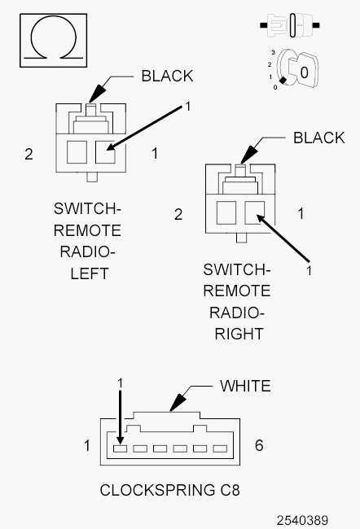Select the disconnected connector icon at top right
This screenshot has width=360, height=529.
point(290,25)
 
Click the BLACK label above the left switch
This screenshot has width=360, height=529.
point(167,76)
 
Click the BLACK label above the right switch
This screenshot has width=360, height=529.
point(318,138)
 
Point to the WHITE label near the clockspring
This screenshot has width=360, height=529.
point(245,386)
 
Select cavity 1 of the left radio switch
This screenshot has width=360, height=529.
point(105,152)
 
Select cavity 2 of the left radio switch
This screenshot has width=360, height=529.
point(77,152)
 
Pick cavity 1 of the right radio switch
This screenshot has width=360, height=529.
point(255,213)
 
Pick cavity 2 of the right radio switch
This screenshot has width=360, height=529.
point(226,213)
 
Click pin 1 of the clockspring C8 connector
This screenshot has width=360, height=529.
point(120,448)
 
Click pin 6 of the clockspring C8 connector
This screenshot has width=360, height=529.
point(220,448)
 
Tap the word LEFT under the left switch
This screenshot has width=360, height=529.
point(90,273)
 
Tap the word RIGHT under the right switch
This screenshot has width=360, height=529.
point(239,334)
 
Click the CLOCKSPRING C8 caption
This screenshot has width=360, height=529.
point(170,490)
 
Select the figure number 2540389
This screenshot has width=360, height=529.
point(302,521)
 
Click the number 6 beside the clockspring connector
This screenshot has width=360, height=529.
point(259,445)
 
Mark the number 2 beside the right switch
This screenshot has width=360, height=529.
point(178,215)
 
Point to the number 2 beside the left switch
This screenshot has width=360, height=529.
point(29,154)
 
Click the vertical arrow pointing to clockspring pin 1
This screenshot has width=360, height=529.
point(120,418)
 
